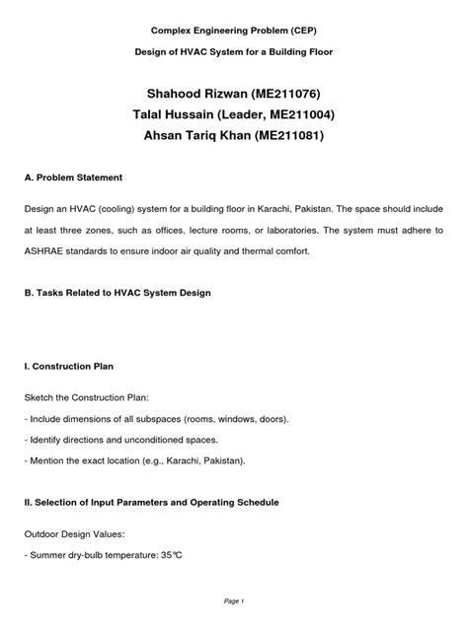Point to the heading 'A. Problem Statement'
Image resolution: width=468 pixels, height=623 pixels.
pos(87,177)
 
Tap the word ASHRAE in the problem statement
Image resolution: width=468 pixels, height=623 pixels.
pos(49,251)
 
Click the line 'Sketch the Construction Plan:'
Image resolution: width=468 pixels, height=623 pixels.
pos(90,398)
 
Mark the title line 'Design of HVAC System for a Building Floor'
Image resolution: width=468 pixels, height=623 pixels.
pos(234,51)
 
